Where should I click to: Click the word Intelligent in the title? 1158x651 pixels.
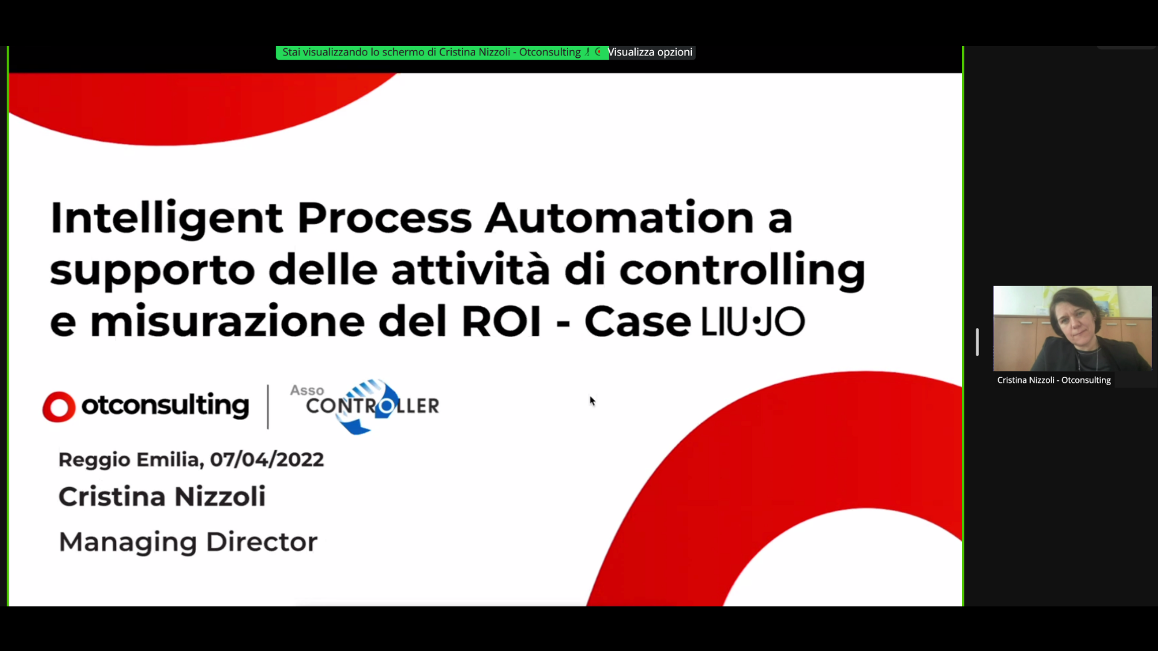pos(166,218)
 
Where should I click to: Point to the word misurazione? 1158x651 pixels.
pos(227,321)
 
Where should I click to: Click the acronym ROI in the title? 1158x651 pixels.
pos(501,321)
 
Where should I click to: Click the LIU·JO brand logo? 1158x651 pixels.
pos(753,322)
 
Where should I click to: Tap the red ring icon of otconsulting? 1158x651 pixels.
pos(59,407)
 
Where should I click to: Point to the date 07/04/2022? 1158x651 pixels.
pos(267,460)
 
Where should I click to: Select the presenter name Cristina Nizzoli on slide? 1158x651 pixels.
pos(162,497)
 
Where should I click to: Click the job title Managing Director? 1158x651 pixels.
pos(188,542)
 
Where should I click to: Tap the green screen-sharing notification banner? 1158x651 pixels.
pos(442,52)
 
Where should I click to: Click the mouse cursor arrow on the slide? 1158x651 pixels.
pos(592,400)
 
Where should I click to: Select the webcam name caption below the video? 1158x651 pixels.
pos(1054,380)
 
